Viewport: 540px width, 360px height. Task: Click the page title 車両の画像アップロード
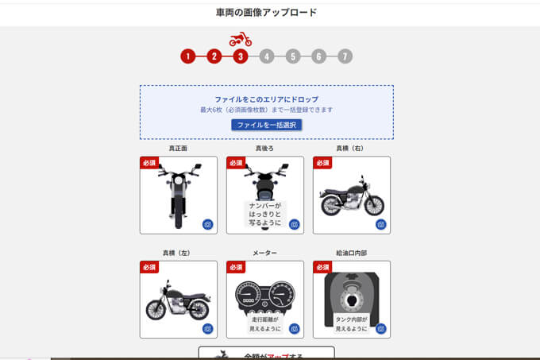[266, 13]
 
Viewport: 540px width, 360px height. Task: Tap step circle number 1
[187, 56]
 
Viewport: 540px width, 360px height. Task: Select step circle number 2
[214, 56]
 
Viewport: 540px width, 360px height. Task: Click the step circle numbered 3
[241, 56]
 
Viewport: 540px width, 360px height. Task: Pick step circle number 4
[267, 56]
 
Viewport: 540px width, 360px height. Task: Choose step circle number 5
[293, 56]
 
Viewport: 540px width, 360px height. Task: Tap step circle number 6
[318, 56]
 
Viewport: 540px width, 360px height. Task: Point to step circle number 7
[345, 56]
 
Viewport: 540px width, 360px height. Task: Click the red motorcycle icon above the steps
[241, 39]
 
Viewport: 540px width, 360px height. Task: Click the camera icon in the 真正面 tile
[207, 224]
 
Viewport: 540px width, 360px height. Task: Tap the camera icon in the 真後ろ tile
[294, 224]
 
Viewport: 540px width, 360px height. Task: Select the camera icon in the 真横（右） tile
[380, 224]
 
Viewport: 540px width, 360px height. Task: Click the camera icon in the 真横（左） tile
[207, 328]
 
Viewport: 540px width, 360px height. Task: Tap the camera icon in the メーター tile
[294, 328]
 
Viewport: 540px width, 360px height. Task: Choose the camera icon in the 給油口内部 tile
[380, 328]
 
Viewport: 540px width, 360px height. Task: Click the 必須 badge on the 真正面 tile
[149, 163]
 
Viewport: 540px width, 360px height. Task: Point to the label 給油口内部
[352, 253]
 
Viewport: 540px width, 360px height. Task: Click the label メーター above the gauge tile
[265, 253]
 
